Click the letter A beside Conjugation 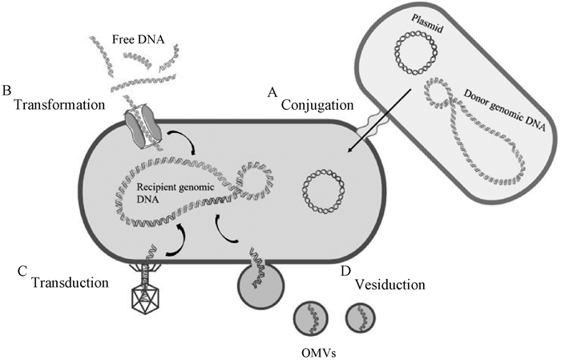tap(272, 92)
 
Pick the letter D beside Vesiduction tap(345, 271)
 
